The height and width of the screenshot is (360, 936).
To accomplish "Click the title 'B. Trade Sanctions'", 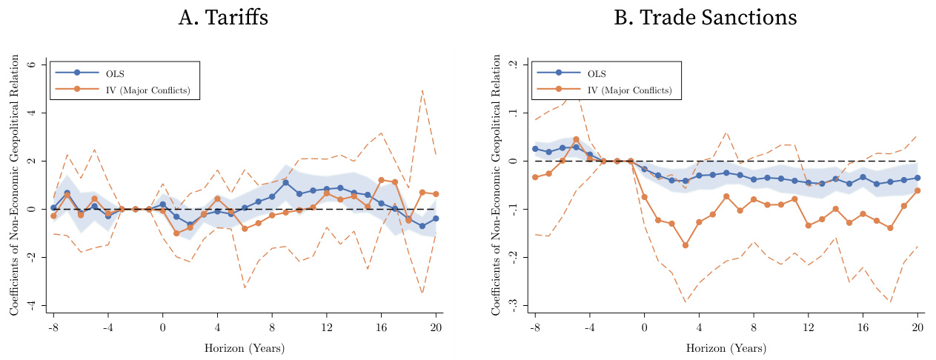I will coord(705,18).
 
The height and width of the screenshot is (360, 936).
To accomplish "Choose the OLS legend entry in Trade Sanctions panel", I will coord(596,73).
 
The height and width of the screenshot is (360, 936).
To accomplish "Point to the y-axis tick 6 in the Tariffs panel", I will coord(31,64).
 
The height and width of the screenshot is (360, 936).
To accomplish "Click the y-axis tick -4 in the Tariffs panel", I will coord(30,305).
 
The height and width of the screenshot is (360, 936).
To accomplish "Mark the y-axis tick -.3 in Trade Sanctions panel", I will coord(511,305).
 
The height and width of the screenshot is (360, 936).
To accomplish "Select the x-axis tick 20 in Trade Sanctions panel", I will coord(917,327).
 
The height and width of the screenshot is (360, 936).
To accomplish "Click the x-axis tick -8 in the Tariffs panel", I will coord(53,327).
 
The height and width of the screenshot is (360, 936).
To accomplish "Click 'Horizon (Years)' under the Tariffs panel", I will coord(244,347).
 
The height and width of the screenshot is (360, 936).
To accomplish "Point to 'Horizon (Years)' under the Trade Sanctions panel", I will coord(726,347).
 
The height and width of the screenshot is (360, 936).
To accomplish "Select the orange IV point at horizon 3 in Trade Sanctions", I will coord(686,245).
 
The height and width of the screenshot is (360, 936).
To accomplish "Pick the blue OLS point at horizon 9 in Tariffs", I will coord(285,182).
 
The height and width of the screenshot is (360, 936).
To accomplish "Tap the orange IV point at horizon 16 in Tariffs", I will coord(381,180).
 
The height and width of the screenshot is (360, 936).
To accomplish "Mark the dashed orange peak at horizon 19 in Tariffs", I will coord(422,90).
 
